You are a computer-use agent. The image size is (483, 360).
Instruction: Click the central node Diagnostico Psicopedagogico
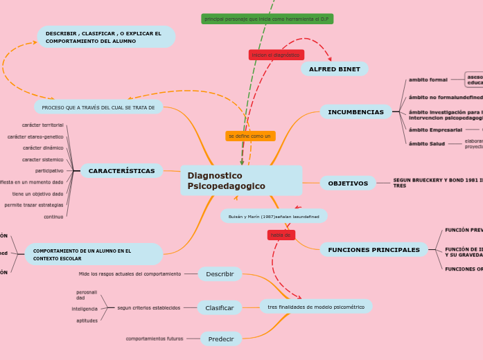[x=240, y=181]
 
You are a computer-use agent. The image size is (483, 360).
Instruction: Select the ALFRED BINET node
[x=334, y=69]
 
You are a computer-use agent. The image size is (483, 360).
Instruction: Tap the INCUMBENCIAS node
[x=355, y=112]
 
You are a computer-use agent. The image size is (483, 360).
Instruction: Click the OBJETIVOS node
[x=347, y=183]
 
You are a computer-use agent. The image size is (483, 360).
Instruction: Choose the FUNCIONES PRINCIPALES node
[x=374, y=250]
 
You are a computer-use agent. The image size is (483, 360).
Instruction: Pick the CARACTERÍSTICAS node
[x=121, y=171]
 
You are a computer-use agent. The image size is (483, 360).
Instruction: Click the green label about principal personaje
[x=267, y=19]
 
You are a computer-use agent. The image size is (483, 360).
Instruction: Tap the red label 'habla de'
[x=281, y=235]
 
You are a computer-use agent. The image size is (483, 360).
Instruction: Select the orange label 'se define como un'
[x=249, y=136]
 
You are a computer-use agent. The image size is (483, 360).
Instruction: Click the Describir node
[x=220, y=274]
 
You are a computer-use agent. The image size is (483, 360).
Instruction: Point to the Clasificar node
[x=220, y=308]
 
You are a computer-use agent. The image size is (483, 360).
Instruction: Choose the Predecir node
[x=221, y=339]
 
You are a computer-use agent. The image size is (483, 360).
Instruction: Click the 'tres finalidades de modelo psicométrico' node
[x=316, y=307]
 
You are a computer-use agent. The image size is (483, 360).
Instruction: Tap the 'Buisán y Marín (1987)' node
[x=274, y=217]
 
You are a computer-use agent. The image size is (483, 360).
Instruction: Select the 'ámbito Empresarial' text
[x=435, y=129]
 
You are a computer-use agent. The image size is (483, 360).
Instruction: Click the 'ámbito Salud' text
[x=427, y=143]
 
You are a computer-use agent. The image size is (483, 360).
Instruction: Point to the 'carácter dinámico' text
[x=43, y=147]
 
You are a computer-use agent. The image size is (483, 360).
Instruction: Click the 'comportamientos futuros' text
[x=155, y=339]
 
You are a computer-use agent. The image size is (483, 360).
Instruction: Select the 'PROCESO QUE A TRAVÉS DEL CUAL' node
[x=98, y=107]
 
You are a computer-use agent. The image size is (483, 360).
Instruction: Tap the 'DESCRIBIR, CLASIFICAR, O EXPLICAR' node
[x=105, y=37]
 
